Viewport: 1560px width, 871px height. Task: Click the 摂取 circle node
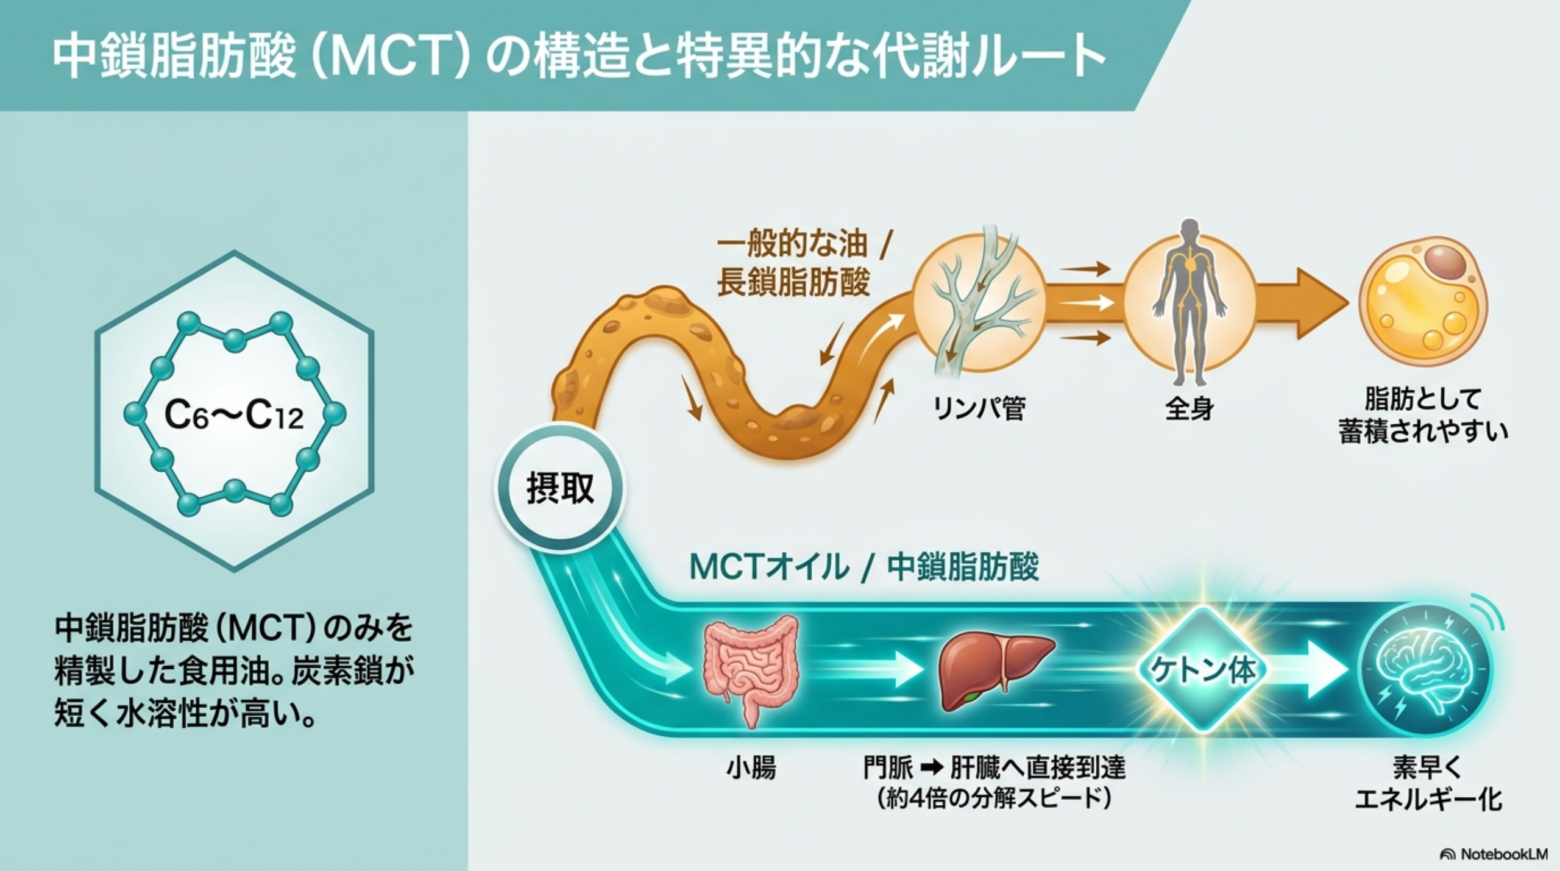(560, 488)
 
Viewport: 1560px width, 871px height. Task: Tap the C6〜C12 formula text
(234, 416)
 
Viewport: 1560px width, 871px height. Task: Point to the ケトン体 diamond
(1202, 670)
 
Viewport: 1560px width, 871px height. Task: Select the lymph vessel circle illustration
(979, 303)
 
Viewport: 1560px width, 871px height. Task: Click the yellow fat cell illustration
(1423, 303)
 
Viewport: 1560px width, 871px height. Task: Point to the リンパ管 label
(979, 409)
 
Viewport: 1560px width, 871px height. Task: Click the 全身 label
(1189, 409)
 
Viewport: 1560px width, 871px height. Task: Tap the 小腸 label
(751, 769)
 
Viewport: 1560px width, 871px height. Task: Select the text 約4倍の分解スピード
(994, 799)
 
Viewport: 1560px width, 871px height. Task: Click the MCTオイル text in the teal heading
(769, 567)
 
